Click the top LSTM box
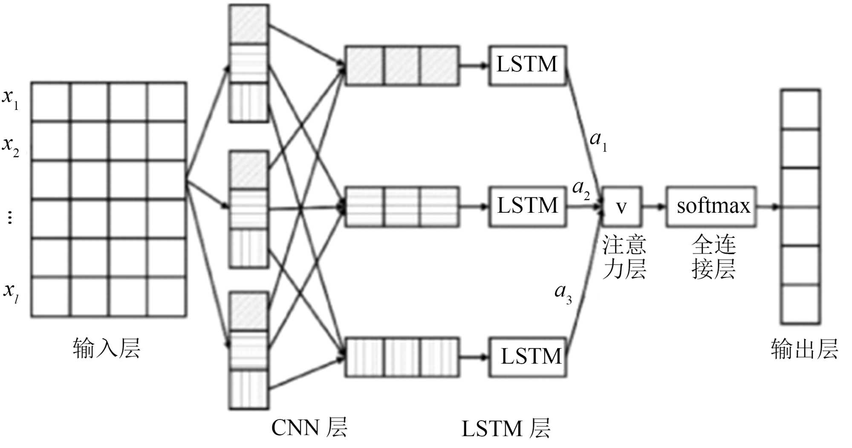click(527, 65)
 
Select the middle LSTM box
click(527, 206)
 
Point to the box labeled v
click(621, 206)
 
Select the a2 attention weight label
click(581, 189)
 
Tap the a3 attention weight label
click(563, 293)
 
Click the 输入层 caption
click(107, 349)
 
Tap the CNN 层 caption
click(309, 428)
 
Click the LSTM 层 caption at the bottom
click(506, 428)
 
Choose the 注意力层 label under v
click(624, 257)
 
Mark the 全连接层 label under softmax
click(713, 257)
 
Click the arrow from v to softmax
click(653, 207)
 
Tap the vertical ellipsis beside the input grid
click(10, 217)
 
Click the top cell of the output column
click(800, 109)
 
